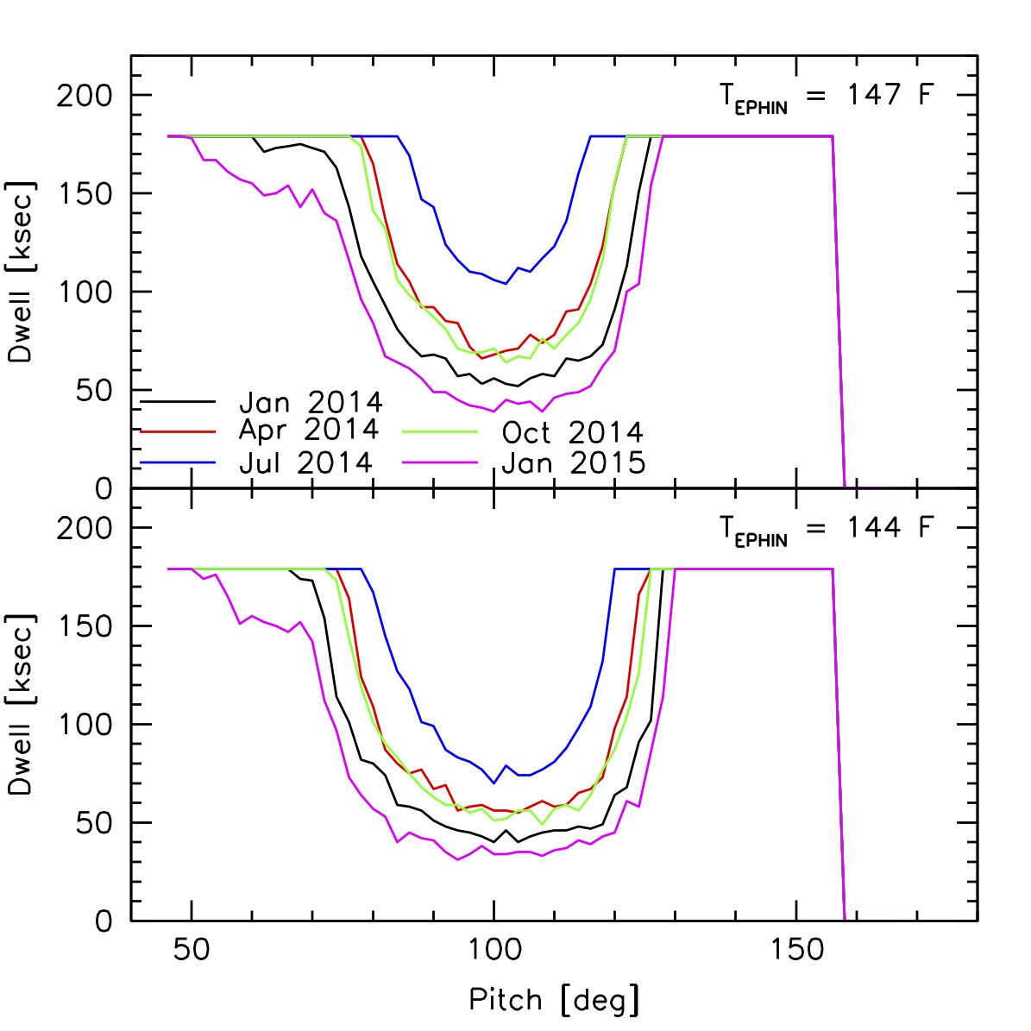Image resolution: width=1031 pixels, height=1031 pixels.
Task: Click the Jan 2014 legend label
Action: point(311,402)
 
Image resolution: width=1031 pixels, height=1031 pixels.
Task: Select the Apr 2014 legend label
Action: point(308,430)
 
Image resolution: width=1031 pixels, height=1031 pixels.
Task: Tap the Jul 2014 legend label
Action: point(305,462)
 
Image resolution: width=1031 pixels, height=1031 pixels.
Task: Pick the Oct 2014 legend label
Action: point(573,432)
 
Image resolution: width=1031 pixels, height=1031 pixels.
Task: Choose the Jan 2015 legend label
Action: point(573,463)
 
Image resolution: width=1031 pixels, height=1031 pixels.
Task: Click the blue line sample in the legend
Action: point(177,463)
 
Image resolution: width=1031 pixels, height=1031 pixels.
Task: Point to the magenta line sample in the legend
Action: point(439,463)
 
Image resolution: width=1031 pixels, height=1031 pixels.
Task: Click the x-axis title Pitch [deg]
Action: point(554,1000)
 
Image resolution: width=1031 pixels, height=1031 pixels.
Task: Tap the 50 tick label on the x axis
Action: point(192,950)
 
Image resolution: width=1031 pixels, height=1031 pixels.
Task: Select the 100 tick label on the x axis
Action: point(493,950)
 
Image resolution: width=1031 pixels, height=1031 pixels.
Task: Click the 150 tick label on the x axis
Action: point(795,950)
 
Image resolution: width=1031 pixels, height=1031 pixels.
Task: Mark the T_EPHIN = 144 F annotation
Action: point(826,529)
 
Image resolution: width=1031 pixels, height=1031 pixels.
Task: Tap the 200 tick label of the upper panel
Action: point(85,95)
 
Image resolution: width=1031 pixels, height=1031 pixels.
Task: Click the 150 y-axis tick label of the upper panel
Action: point(85,193)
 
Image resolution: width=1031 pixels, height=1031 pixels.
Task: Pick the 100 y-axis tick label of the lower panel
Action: point(85,725)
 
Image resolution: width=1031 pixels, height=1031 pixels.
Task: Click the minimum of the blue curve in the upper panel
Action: point(506,283)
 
